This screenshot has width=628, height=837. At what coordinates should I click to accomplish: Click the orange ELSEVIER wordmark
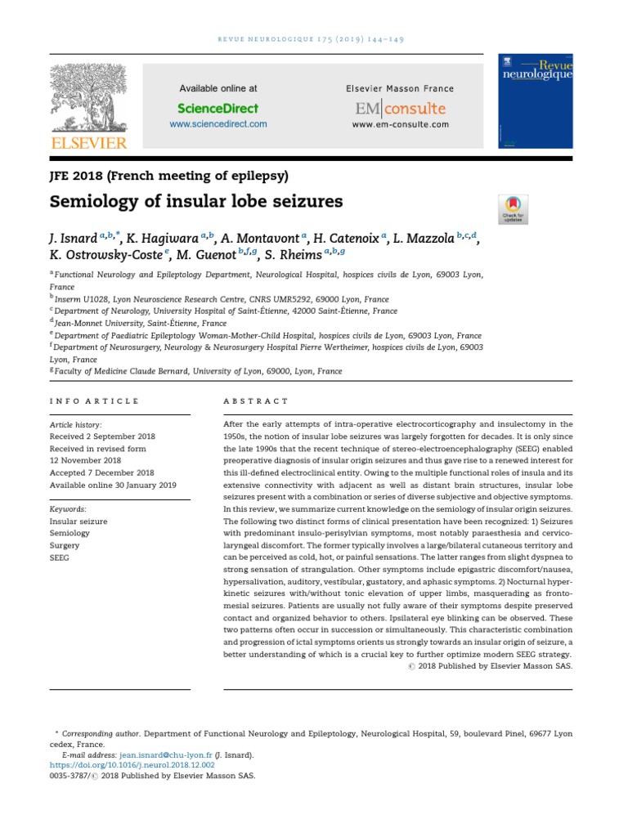(x=90, y=143)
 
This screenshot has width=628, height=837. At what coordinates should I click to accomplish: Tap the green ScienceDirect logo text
(x=218, y=108)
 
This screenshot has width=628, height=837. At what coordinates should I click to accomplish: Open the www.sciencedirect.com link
(x=218, y=124)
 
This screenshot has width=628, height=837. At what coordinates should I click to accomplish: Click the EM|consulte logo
(x=400, y=108)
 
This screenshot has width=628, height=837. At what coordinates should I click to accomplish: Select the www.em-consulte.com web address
(x=400, y=124)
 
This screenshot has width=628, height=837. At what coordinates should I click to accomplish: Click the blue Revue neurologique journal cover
(x=536, y=102)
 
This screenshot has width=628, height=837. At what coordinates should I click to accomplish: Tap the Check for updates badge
(x=513, y=209)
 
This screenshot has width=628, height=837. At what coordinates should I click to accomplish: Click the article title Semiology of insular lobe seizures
(x=196, y=201)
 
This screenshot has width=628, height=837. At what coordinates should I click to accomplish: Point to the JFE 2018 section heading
(x=168, y=175)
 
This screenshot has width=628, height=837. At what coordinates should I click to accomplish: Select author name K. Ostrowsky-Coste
(x=106, y=256)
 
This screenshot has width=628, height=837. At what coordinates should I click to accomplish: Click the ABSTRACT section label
(x=256, y=401)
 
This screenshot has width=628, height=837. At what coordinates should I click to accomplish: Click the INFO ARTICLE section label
(x=94, y=401)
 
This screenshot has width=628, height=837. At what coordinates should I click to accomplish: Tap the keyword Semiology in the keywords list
(x=70, y=532)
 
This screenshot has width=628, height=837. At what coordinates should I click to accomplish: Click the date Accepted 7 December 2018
(x=101, y=472)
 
